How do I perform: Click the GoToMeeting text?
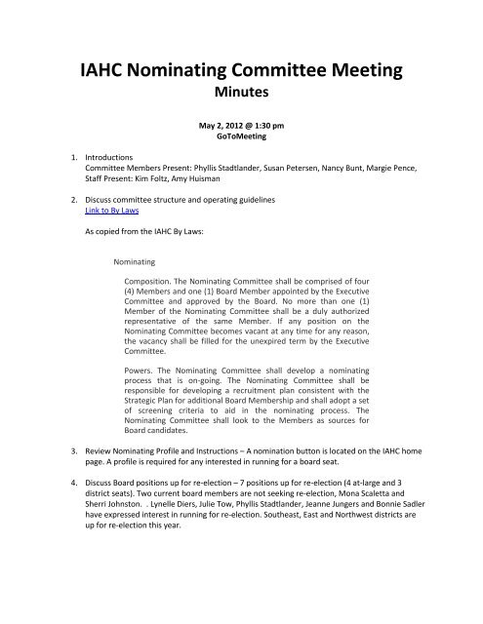coord(241,151)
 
